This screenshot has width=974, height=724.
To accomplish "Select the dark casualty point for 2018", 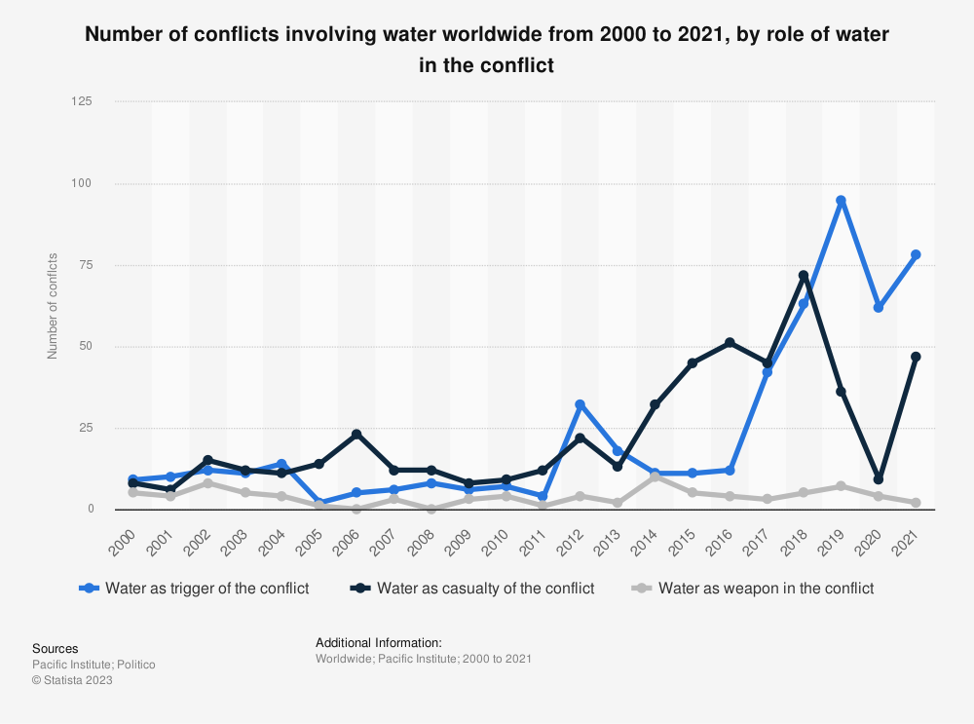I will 804,275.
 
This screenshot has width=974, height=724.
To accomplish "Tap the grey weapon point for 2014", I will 655,476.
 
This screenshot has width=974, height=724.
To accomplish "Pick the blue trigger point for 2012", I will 580,404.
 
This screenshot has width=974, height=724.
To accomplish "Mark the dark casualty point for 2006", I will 356,434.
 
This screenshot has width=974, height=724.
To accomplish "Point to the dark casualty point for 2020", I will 879,479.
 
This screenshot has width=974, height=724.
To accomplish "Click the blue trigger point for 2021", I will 916,255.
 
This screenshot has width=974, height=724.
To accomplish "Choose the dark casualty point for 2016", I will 730,342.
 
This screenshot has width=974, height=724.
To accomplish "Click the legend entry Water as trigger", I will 194,589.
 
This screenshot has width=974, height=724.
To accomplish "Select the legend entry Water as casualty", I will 471,589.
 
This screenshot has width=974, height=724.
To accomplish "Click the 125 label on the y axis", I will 94,101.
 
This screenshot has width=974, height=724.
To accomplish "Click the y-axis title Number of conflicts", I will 53,305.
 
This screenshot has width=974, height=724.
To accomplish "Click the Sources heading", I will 56,648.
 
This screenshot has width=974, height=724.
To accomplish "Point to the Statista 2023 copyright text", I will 72,680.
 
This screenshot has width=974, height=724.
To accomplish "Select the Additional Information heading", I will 379,643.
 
